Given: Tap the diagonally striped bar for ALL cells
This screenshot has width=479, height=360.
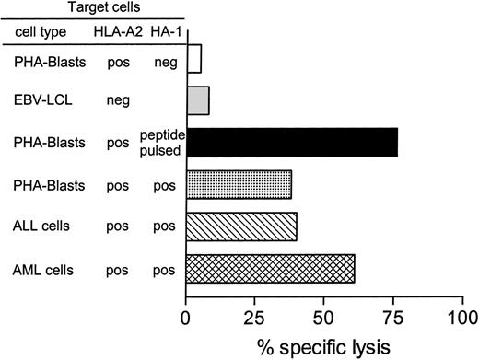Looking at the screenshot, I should pos(241,226).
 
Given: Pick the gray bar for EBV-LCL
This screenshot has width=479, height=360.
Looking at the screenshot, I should pos(198,100).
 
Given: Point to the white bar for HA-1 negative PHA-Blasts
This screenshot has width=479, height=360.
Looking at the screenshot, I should pos(193,59).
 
